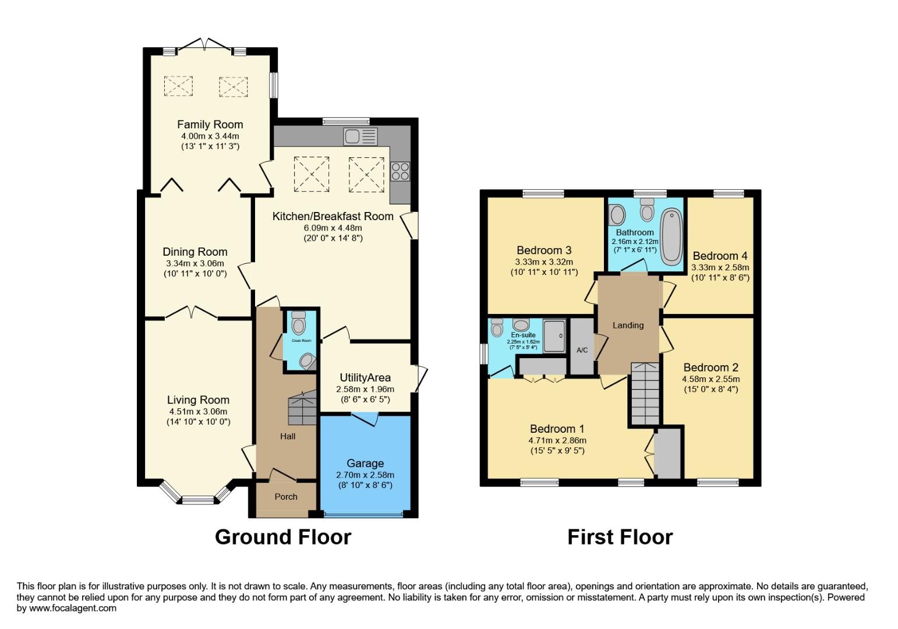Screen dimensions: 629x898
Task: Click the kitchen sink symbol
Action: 360,136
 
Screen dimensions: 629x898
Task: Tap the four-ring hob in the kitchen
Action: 400,171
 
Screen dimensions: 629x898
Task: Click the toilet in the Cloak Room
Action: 299,322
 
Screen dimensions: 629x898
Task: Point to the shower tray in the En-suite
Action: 554,335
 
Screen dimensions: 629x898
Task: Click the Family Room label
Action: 210,124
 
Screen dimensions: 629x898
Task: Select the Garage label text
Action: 365,463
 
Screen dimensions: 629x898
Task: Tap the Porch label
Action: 286,497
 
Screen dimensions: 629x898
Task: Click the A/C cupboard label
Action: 582,350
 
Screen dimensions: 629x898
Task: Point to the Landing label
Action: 628,325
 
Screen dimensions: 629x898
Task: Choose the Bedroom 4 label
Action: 720,256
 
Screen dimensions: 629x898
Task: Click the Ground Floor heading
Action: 283,536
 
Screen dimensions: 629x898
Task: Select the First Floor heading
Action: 620,536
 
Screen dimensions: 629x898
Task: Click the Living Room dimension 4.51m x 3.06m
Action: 198,411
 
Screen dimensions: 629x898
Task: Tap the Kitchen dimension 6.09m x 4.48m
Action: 333,228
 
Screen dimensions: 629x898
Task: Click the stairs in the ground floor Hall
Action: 302,408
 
